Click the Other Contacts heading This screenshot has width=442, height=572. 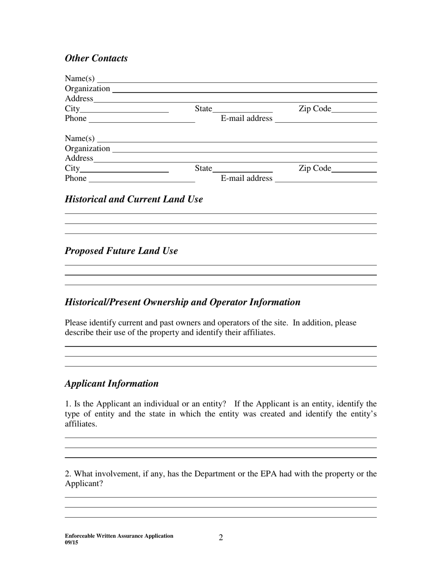(96, 58)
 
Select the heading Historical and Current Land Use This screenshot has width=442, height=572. (134, 199)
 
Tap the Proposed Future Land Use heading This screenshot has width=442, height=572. (121, 251)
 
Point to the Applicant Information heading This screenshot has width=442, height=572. (111, 383)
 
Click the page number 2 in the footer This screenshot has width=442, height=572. (221, 538)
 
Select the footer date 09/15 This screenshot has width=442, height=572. (72, 542)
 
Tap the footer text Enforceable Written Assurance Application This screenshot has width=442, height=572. (119, 536)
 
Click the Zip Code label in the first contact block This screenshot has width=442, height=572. (315, 109)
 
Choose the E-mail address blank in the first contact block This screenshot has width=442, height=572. (326, 119)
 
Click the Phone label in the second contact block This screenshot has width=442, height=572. (75, 179)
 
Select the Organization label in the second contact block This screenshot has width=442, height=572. (87, 148)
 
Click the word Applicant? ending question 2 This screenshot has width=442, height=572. (84, 484)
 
